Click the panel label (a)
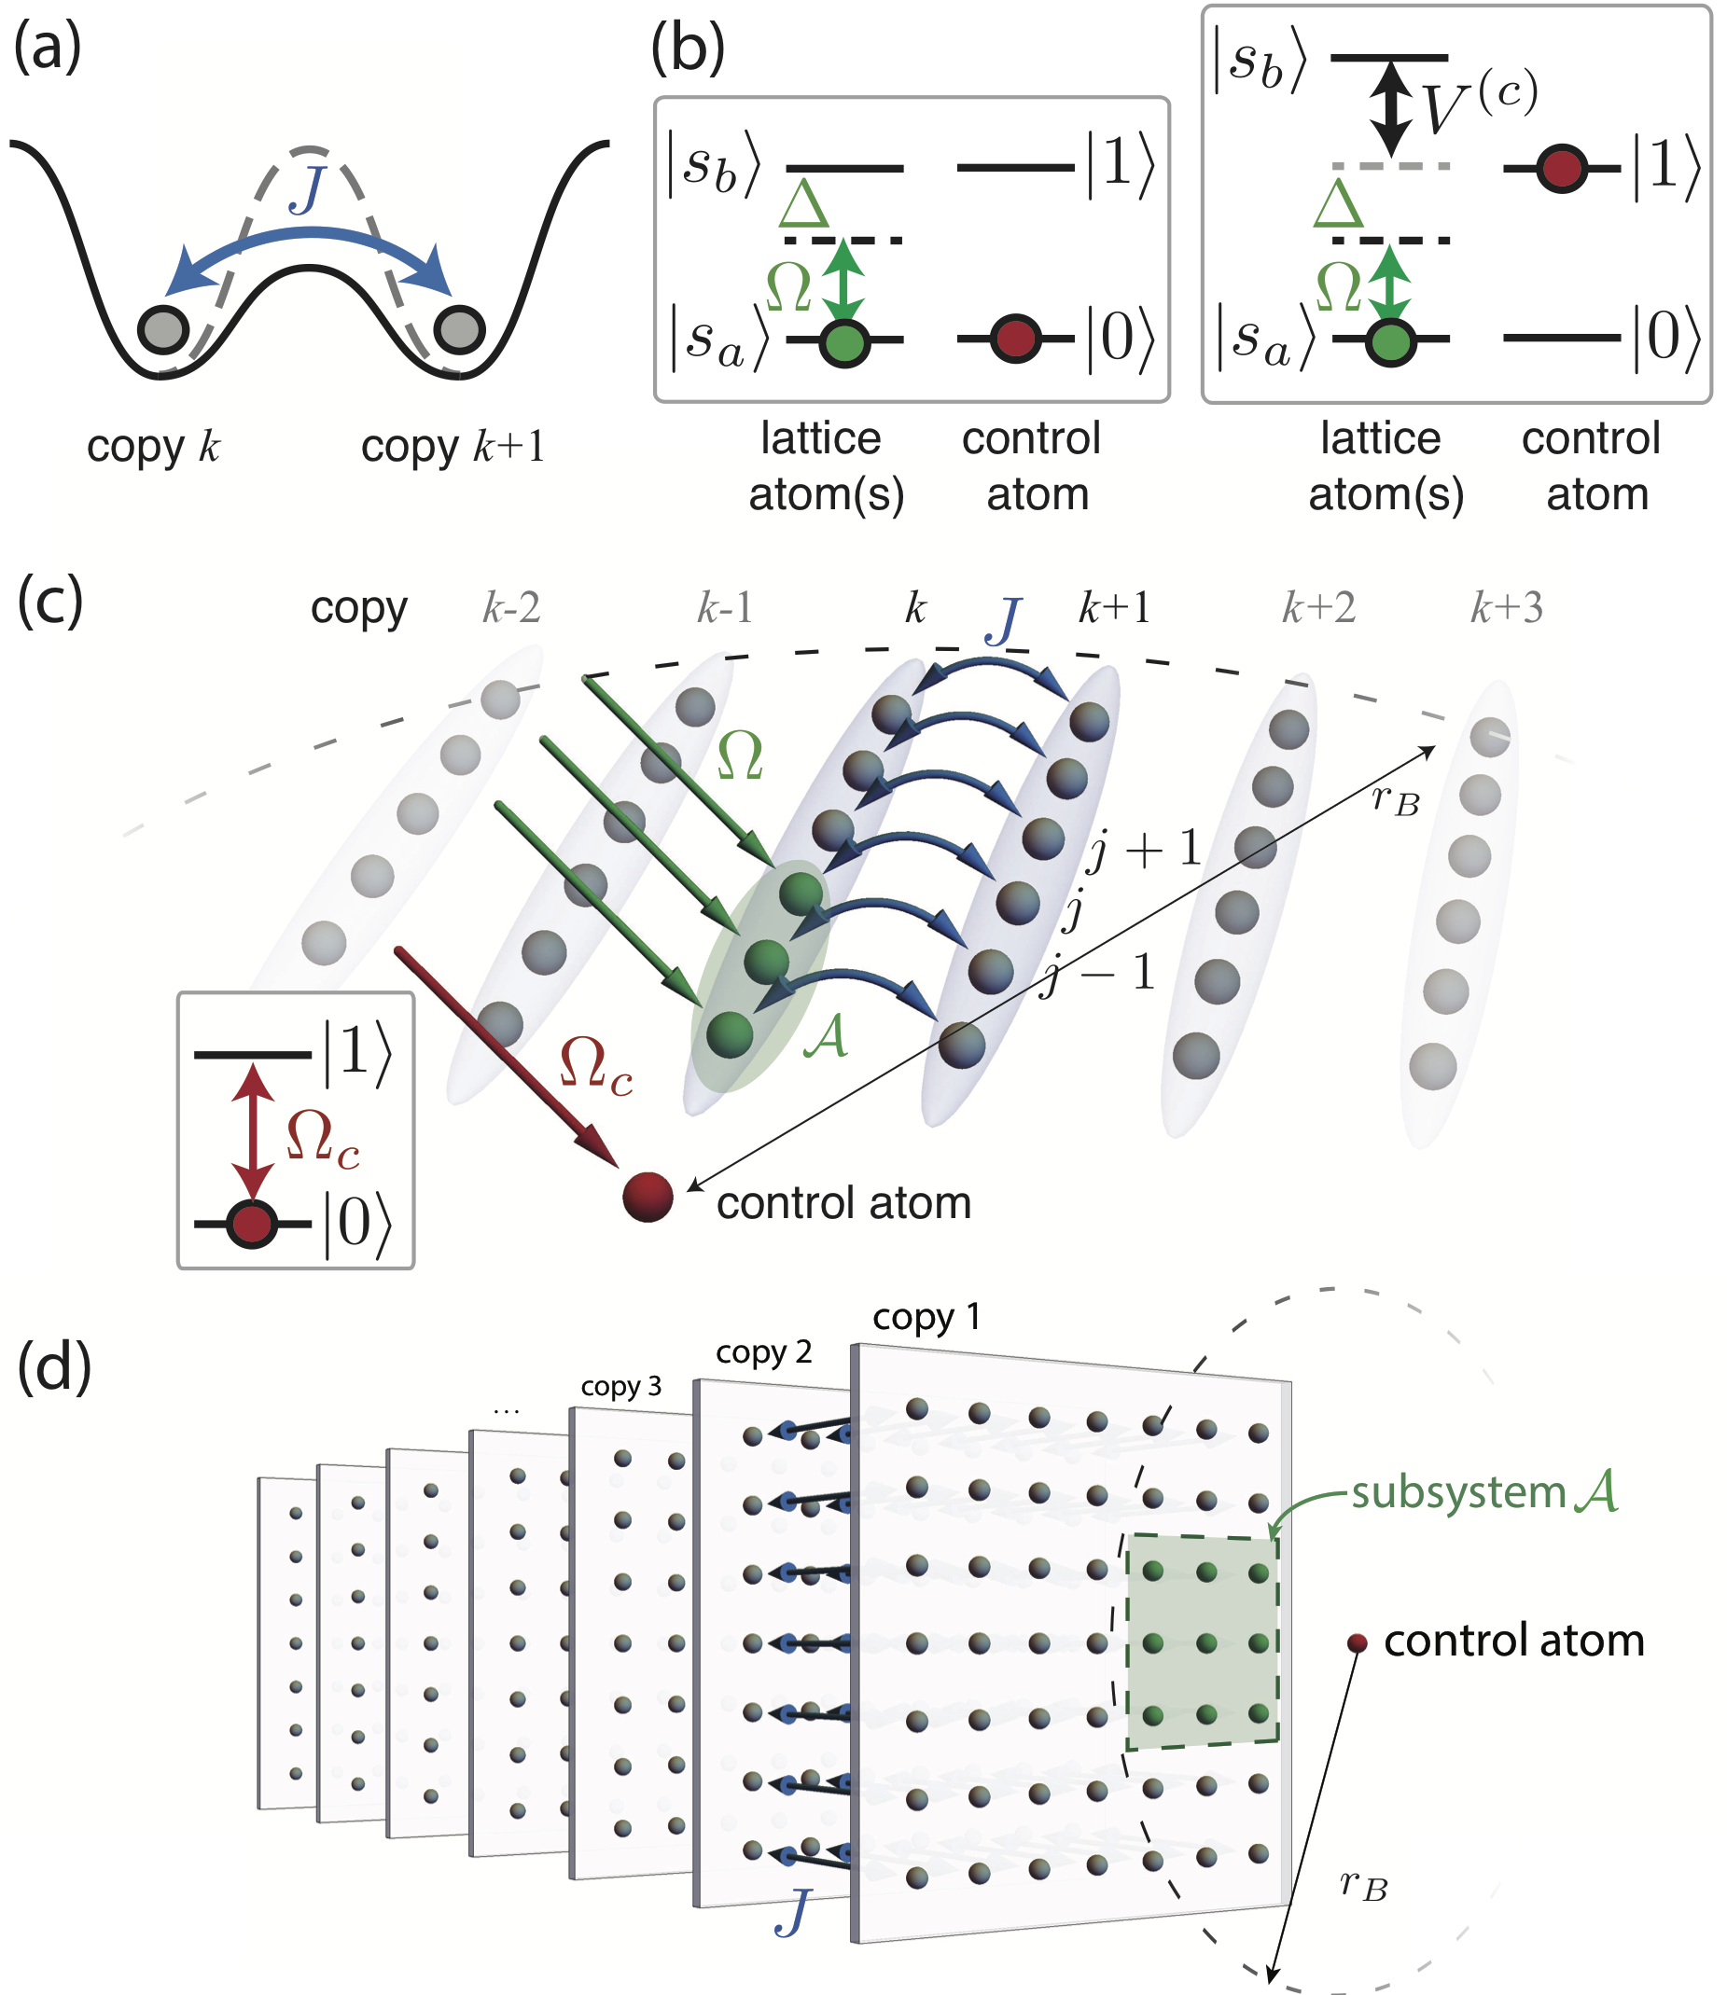pyautogui.click(x=48, y=48)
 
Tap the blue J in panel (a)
pyautogui.click(x=309, y=189)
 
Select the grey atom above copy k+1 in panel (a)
pyautogui.click(x=459, y=329)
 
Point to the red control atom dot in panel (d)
pyautogui.click(x=1357, y=1643)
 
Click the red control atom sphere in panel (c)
pyautogui.click(x=648, y=1197)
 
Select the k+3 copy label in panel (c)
pyautogui.click(x=1506, y=608)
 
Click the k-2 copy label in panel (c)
pyautogui.click(x=510, y=608)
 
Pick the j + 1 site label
pyautogui.click(x=1144, y=850)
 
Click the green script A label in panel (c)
pyautogui.click(x=826, y=1037)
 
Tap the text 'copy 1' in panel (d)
pyautogui.click(x=926, y=1317)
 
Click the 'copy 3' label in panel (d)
pyautogui.click(x=620, y=1386)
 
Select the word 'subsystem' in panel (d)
pyautogui.click(x=1458, y=1493)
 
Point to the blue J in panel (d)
pyautogui.click(x=792, y=1911)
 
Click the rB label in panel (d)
pyautogui.click(x=1365, y=1885)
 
